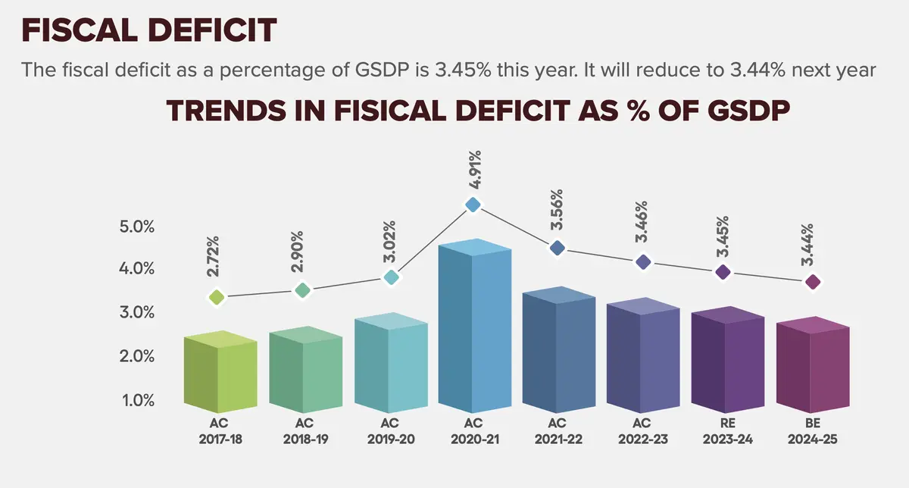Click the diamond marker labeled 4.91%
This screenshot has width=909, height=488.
[x=473, y=205]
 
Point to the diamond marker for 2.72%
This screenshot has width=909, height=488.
[x=217, y=298]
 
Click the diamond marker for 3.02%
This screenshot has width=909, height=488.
[x=391, y=277]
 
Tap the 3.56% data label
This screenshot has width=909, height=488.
[x=557, y=211]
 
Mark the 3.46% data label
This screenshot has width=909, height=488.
[x=642, y=222]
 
